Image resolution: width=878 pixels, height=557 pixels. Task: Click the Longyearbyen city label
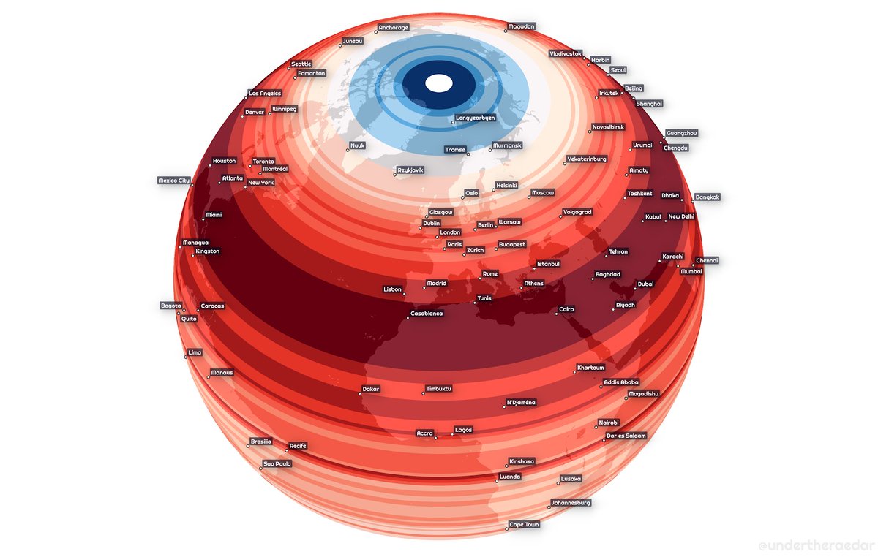pos(476,117)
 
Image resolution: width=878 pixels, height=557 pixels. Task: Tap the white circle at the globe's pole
pos(439,83)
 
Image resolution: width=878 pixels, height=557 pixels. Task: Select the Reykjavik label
pos(410,170)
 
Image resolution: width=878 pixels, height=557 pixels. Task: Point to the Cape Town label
pos(524,525)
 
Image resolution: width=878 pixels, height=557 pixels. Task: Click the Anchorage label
pos(394,28)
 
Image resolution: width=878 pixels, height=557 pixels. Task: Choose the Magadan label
pos(521,26)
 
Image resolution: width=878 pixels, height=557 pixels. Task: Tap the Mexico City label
pos(174,180)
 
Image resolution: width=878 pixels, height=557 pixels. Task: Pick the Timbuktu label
pos(439,388)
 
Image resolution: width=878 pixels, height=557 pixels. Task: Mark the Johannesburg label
pos(571,503)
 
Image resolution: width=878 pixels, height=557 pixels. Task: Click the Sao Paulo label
pos(278,463)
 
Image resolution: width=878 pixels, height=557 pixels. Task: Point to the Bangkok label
pos(708,197)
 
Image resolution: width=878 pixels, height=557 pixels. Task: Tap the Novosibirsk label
pos(608,126)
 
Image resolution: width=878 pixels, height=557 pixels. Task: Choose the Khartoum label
pos(591,367)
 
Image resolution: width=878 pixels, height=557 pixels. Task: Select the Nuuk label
pos(358,145)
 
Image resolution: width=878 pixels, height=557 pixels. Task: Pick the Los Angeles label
pos(265,94)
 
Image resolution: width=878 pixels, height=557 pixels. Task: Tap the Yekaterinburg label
pos(587,159)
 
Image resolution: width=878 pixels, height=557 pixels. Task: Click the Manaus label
pos(222,373)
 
